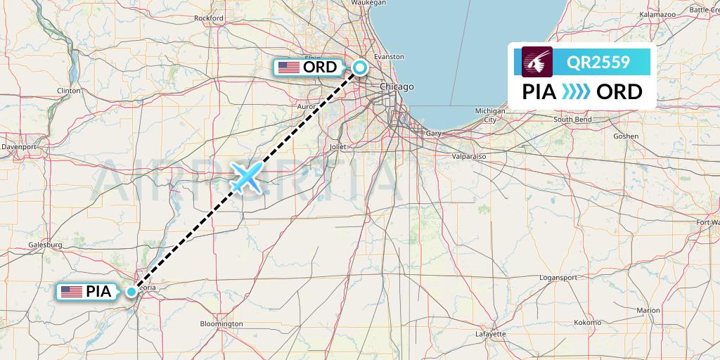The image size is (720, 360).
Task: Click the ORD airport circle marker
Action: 359,67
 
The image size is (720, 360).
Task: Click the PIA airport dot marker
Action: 131,291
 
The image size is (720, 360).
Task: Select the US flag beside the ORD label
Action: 288,67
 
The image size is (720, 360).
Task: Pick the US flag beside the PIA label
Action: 71,291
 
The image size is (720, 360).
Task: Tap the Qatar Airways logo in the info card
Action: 538,62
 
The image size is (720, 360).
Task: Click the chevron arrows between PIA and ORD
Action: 577,92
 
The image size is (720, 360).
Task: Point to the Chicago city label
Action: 397,86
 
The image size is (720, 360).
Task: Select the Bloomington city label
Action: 221,324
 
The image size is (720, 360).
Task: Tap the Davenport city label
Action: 19,147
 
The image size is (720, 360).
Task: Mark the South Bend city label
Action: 572,120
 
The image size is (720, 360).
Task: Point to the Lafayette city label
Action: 490,333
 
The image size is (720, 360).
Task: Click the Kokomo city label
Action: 587,321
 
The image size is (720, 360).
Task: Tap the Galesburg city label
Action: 46,245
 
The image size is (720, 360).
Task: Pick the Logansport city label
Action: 558,278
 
